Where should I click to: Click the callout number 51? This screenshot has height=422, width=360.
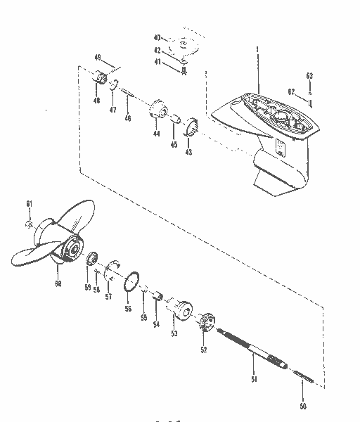point(254,379)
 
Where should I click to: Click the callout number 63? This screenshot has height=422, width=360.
point(308,75)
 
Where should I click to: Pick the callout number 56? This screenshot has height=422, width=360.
point(129,309)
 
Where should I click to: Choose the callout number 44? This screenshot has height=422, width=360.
point(155,134)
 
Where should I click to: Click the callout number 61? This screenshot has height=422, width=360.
point(30,204)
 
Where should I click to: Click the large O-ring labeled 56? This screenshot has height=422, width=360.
point(129,285)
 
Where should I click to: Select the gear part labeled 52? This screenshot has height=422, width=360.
point(205,321)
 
